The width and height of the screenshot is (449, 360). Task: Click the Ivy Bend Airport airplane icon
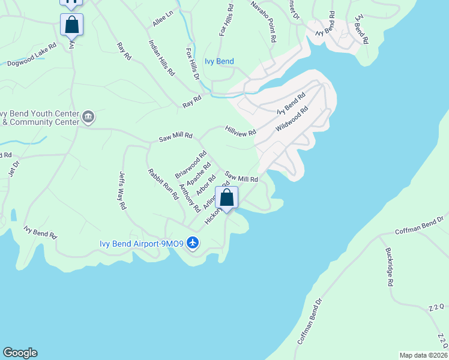pyautogui.click(x=192, y=243)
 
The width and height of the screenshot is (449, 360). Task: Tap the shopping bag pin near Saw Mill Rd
pyautogui.click(x=227, y=198)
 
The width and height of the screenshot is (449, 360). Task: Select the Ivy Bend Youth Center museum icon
pyautogui.click(x=88, y=116)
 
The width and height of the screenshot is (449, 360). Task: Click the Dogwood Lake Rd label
pyautogui.click(x=32, y=53)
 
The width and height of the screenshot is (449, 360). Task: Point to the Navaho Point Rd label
pyautogui.click(x=264, y=22)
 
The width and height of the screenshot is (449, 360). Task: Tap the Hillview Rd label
pyautogui.click(x=241, y=130)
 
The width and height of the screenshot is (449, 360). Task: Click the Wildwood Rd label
pyautogui.click(x=292, y=119)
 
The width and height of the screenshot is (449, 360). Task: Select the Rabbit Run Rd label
pyautogui.click(x=163, y=184)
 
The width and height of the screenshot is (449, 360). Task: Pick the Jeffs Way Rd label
pyautogui.click(x=122, y=190)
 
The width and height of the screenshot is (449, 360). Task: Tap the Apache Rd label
pyautogui.click(x=199, y=174)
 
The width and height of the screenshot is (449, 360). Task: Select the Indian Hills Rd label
pyautogui.click(x=161, y=58)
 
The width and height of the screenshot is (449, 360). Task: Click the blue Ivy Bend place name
pyautogui.click(x=218, y=61)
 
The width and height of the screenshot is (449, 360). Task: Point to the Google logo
pyautogui.click(x=20, y=353)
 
